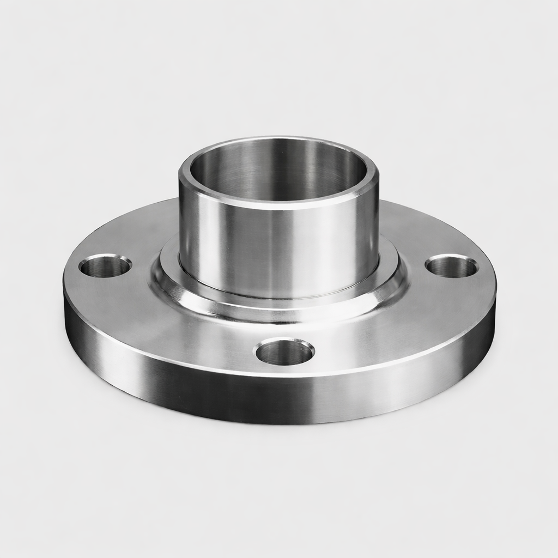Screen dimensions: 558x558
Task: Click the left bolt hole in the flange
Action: [105, 266]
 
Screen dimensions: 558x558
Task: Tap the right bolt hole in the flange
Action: [451, 266]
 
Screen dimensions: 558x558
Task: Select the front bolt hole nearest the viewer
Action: [284, 352]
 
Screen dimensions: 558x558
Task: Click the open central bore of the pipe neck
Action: [278, 174]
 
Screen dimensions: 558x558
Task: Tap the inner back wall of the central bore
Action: [278, 163]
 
